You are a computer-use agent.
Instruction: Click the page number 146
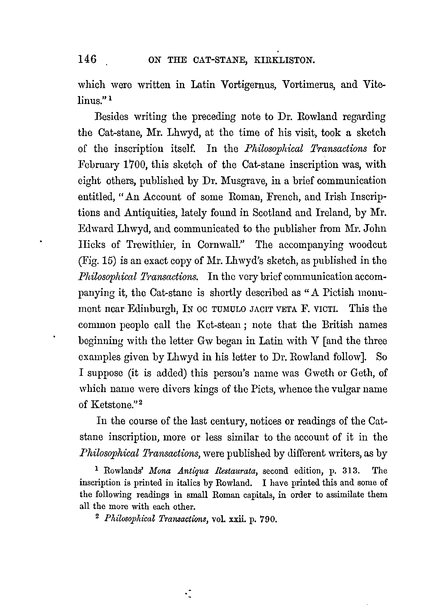(x=87, y=59)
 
